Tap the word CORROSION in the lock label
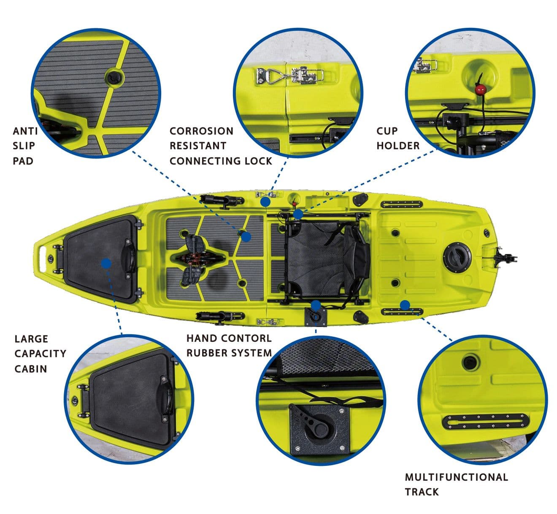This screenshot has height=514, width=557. [x=201, y=131]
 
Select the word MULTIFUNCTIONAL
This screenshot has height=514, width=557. [x=456, y=477]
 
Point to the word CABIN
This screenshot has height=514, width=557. [x=30, y=369]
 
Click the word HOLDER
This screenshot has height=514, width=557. [x=398, y=146]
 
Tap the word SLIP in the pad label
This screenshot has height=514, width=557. [x=24, y=146]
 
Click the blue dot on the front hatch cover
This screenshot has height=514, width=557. [x=106, y=263]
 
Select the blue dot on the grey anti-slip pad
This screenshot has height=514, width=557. [x=246, y=237]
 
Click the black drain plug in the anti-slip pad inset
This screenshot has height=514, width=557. [x=114, y=77]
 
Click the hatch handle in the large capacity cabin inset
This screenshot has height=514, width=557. [x=165, y=400]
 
